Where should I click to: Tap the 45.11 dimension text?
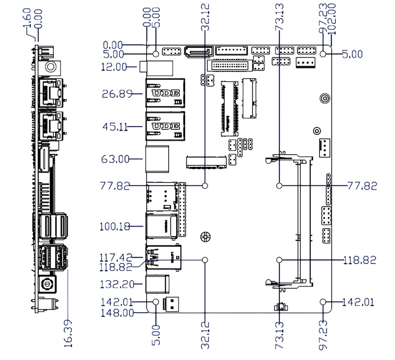click(x=115, y=127)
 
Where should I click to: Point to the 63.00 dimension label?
click(x=115, y=159)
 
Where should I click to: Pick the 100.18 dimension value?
click(x=114, y=226)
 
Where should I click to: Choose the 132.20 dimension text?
click(x=114, y=284)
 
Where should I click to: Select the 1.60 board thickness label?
click(x=28, y=18)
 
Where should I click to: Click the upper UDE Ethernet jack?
click(x=164, y=94)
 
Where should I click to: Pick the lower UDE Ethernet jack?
click(x=164, y=126)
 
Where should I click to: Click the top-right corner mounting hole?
click(x=323, y=54)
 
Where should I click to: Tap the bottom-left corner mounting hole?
click(x=156, y=302)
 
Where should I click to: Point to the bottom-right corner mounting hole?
click(x=323, y=302)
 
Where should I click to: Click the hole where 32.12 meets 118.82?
click(x=205, y=260)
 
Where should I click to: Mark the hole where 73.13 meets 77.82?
click(x=279, y=186)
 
